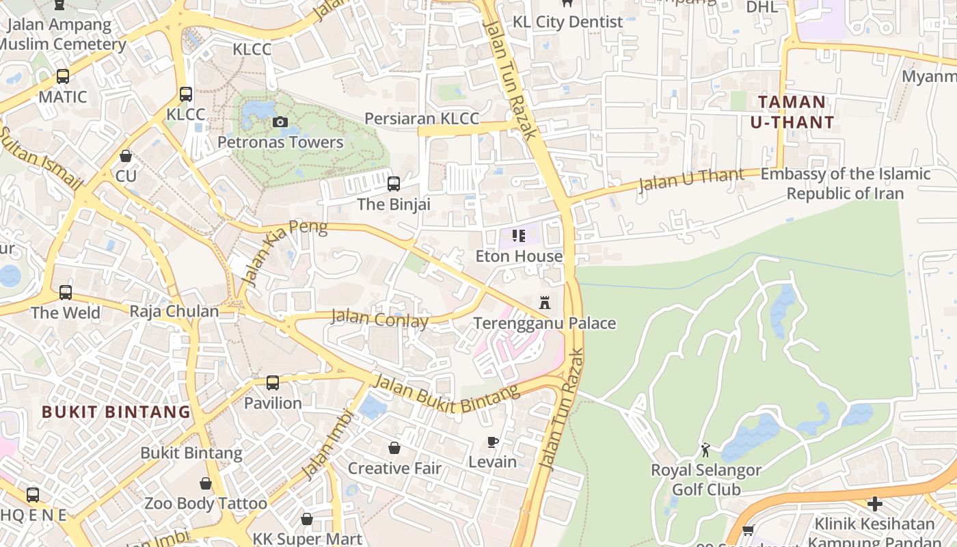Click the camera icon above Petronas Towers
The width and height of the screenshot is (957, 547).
tap(280, 122)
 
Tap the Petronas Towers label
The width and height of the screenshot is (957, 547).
tap(280, 142)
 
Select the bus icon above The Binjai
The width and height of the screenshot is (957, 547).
tap(394, 183)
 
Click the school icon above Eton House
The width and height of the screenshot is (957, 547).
tap(519, 236)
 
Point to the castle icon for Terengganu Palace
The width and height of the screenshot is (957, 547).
tap(545, 302)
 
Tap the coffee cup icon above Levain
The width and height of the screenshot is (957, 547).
tap(492, 442)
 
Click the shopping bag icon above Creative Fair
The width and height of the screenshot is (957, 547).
tap(394, 448)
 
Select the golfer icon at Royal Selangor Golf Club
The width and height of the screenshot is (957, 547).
tap(705, 450)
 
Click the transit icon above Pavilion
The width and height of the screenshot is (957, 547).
tap(273, 382)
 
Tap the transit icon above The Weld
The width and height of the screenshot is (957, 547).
tap(66, 293)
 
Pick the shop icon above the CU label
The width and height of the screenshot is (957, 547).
tap(126, 156)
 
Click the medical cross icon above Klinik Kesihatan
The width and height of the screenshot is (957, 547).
tap(874, 504)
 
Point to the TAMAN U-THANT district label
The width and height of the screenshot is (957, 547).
tap(792, 112)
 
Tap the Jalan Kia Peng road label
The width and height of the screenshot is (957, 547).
tap(283, 252)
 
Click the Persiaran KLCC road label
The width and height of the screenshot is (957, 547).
tap(422, 118)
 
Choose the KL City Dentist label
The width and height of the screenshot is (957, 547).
tap(567, 22)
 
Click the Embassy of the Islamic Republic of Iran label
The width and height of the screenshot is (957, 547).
tap(845, 183)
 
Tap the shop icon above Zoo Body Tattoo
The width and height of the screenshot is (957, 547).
tap(206, 483)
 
